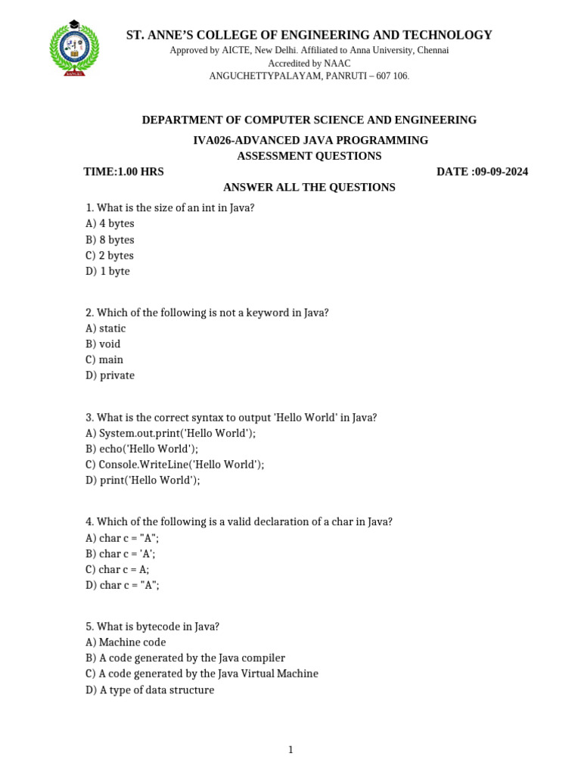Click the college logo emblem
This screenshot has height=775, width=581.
coord(73,50)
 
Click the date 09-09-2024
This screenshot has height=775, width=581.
coord(501,172)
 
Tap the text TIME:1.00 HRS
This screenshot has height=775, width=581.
coord(123,172)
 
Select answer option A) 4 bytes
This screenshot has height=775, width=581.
coord(110,224)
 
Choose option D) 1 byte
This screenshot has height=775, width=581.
coord(107,272)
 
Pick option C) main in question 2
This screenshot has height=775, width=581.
coord(104,359)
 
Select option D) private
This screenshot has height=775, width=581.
coord(110,375)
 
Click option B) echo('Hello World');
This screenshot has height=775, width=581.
coord(142,449)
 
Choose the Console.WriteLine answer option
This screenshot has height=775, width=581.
coord(175,465)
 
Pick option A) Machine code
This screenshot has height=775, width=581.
coord(126,643)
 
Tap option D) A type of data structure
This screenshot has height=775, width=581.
coord(150,690)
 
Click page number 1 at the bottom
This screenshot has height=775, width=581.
coord(290,750)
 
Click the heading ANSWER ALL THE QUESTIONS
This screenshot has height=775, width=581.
coord(309,187)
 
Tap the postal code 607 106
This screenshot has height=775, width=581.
coord(389,76)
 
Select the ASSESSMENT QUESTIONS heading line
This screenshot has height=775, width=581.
coord(309,156)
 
